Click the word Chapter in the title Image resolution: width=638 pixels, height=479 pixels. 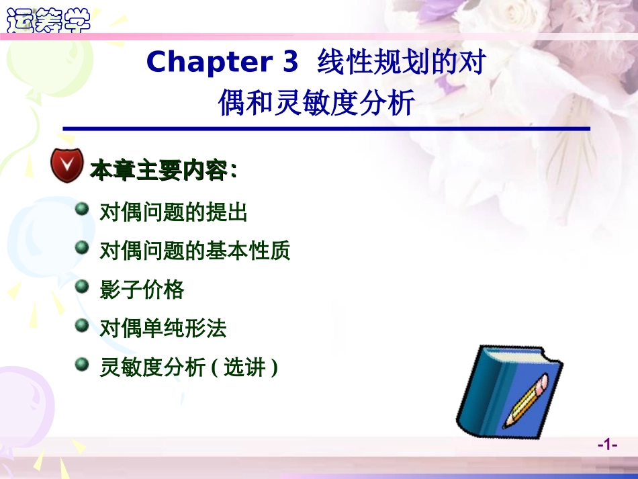(x=201, y=62)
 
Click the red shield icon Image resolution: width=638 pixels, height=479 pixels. (x=67, y=165)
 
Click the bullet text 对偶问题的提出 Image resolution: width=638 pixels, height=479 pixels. (x=173, y=213)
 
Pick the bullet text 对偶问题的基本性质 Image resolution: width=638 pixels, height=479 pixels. (x=195, y=251)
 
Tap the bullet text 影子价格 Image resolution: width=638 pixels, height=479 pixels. (x=142, y=290)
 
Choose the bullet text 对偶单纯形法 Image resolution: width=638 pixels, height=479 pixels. (x=163, y=329)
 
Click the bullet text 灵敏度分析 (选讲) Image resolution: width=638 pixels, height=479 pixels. (x=188, y=367)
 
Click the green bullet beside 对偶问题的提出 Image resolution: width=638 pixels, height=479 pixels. (x=82, y=210)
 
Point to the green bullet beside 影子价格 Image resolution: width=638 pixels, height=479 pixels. (x=82, y=287)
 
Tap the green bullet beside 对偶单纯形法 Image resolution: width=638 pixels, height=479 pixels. (x=82, y=326)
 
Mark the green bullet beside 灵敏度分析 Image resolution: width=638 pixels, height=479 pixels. (x=82, y=365)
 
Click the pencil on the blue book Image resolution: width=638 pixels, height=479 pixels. (x=525, y=401)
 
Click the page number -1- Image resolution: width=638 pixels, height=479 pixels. (x=607, y=445)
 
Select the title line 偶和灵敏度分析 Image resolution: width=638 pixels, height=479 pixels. (x=317, y=103)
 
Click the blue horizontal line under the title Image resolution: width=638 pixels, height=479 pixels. (x=326, y=128)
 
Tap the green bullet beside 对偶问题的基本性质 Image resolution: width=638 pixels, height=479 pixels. (x=82, y=249)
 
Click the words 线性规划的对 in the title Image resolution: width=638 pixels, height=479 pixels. (x=401, y=62)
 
